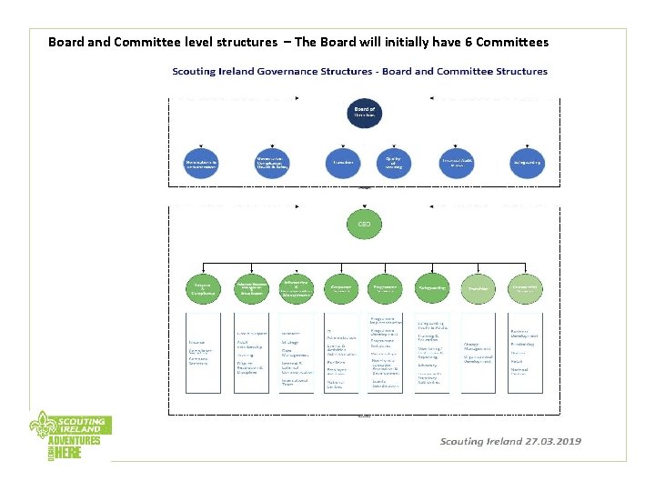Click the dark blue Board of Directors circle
click(x=364, y=115)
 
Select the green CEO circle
click(x=364, y=223)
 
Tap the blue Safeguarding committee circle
click(x=528, y=162)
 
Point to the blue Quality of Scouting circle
click(x=394, y=162)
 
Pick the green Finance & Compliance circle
click(x=202, y=288)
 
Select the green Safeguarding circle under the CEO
click(x=431, y=287)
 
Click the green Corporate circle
click(x=341, y=288)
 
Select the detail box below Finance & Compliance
click(x=203, y=354)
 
